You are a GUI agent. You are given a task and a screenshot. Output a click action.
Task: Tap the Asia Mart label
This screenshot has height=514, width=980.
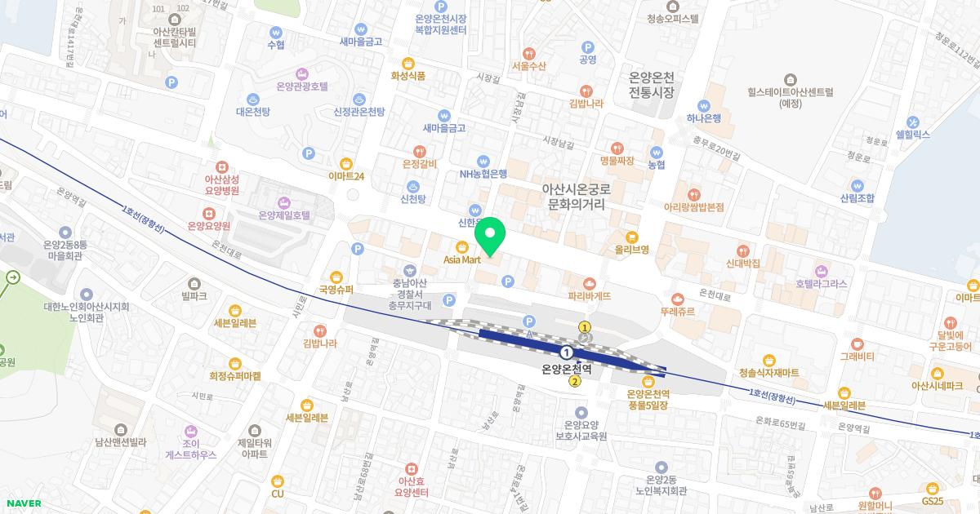pyautogui.click(x=461, y=259)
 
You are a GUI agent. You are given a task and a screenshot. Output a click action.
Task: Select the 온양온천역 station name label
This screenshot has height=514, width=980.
pyautogui.click(x=567, y=368)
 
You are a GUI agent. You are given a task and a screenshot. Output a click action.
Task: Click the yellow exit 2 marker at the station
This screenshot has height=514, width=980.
pyautogui.click(x=575, y=382)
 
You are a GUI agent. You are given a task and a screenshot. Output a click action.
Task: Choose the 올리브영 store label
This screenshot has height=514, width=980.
pyautogui.click(x=632, y=249)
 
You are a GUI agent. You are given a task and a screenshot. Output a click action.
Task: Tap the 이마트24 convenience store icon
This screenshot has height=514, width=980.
pyautogui.click(x=345, y=163)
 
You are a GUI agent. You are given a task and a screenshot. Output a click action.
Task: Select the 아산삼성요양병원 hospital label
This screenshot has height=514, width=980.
pyautogui.click(x=211, y=184)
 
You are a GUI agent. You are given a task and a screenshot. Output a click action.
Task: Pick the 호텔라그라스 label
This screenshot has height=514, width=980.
pyautogui.click(x=822, y=284)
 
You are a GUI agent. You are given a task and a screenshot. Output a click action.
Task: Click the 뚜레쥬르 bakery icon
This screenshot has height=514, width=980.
pyautogui.click(x=678, y=299)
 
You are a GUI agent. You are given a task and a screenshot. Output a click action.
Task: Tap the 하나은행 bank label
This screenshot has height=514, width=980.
pyautogui.click(x=703, y=117)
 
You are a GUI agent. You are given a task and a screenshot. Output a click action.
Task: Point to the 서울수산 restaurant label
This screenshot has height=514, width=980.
pyautogui.click(x=528, y=66)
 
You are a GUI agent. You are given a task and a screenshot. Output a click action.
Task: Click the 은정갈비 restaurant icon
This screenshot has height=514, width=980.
pyautogui.click(x=420, y=151)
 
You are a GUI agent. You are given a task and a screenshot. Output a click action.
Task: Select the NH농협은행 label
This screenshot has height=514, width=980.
pyautogui.click(x=483, y=174)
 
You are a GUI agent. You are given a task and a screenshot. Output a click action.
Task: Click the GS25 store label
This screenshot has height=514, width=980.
pyautogui.click(x=932, y=500)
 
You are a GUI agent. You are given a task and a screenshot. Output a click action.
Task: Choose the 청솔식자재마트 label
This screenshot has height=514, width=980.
pyautogui.click(x=768, y=373)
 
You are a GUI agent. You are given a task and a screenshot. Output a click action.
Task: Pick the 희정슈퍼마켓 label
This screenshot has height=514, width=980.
pyautogui.click(x=234, y=376)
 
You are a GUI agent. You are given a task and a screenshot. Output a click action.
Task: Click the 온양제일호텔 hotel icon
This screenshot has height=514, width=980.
pyautogui.click(x=283, y=202)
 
